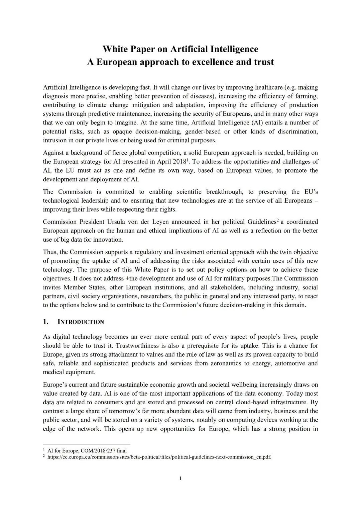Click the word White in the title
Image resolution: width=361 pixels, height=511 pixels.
[115, 49]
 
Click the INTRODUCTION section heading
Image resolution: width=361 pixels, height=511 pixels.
[81, 322]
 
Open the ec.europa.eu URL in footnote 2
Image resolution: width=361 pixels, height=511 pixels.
[159, 457]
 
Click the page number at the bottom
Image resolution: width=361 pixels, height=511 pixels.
[180, 479]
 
